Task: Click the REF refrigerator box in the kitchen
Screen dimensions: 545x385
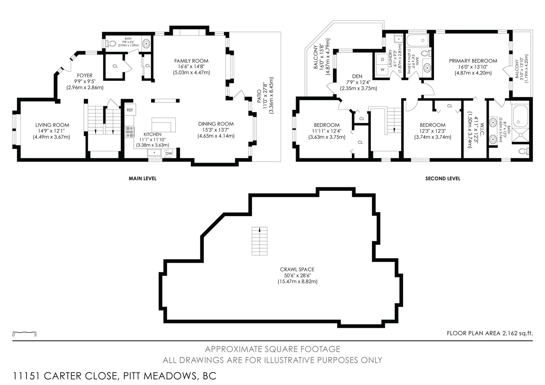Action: point(130,110)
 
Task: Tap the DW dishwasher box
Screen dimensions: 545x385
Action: point(169,153)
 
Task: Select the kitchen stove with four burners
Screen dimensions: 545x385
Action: point(130,132)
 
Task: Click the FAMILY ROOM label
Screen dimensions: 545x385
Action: point(191,61)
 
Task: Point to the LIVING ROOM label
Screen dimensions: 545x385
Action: point(52,125)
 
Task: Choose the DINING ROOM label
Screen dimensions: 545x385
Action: point(216,124)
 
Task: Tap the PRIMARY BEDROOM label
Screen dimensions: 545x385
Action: point(473,61)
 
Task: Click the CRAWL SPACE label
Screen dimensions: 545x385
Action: point(297,269)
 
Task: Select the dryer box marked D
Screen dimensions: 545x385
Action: point(383,60)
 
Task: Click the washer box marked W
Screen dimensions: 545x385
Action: point(383,69)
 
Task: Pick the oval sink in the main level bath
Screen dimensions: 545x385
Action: point(146,44)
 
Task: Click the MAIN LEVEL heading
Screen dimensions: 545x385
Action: point(143,178)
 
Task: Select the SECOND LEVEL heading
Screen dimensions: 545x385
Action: point(442,178)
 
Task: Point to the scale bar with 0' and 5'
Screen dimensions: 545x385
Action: point(25,333)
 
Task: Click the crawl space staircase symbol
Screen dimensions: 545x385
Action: point(259,241)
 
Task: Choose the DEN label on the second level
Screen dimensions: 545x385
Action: point(357,76)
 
